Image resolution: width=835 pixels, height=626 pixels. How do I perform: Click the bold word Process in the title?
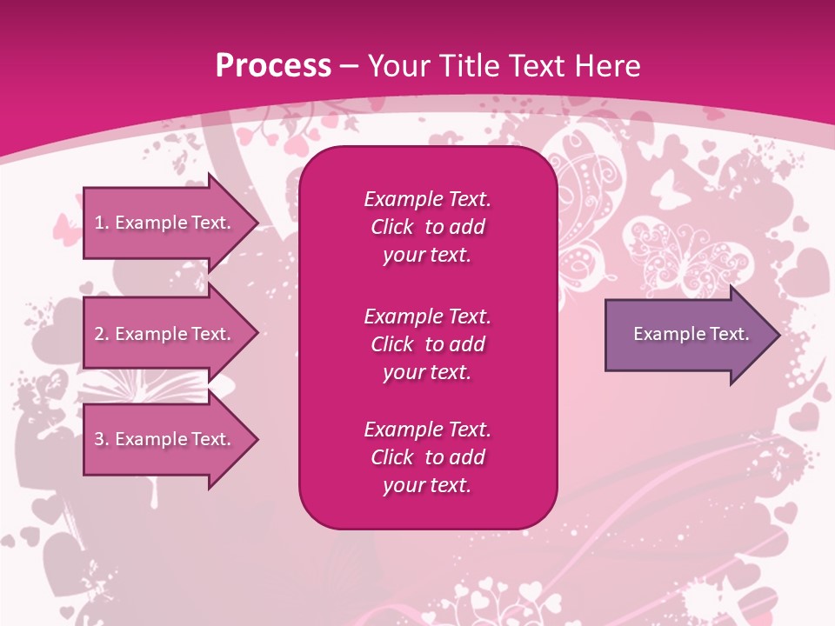(x=273, y=66)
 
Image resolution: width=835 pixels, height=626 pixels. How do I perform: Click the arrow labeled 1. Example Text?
(x=165, y=223)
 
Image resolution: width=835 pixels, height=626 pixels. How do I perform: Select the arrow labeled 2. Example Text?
(x=165, y=334)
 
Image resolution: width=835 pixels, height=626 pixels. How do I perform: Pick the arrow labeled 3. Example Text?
(x=165, y=439)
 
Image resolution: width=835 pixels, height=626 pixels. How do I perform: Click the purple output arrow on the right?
(x=687, y=334)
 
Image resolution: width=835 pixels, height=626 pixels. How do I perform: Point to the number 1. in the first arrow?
(x=102, y=223)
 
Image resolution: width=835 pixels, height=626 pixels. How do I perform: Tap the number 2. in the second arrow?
(x=102, y=334)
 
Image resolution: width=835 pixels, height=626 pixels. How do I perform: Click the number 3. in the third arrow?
(x=102, y=439)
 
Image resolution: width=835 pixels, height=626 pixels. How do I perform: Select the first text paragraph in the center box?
(x=427, y=227)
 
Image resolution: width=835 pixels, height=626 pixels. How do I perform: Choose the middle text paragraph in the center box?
(x=427, y=344)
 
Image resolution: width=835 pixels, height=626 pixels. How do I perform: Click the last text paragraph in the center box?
(x=427, y=457)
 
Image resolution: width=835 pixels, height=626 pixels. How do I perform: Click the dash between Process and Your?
(x=349, y=66)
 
